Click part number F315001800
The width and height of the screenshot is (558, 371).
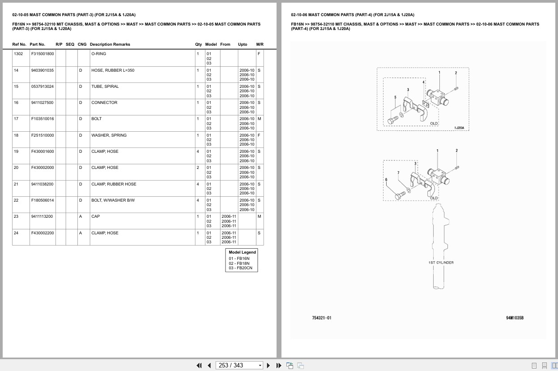click(x=43, y=54)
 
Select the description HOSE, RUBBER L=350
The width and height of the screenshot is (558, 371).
click(x=113, y=70)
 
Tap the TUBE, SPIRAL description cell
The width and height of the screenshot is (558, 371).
click(x=105, y=86)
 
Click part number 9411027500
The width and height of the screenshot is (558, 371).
click(x=42, y=103)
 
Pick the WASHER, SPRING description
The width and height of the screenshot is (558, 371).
click(x=109, y=135)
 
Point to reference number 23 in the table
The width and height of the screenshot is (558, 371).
click(x=16, y=216)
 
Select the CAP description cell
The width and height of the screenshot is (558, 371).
click(x=96, y=216)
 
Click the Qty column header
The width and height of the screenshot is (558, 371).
click(x=198, y=44)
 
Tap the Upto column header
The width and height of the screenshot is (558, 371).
click(x=243, y=44)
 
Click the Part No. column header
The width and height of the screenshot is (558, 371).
click(x=38, y=44)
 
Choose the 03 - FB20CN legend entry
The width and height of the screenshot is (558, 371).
click(x=240, y=268)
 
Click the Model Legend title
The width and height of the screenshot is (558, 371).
click(x=242, y=252)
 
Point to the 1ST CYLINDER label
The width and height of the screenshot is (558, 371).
click(x=441, y=263)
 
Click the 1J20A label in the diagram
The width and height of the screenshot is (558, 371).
click(x=459, y=128)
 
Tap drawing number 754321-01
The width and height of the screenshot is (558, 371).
click(x=322, y=318)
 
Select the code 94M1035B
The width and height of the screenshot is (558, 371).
click(x=515, y=318)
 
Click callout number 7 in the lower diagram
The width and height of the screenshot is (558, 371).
click(x=398, y=173)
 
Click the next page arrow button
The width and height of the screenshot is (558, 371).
click(x=268, y=366)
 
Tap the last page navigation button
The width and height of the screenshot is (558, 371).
click(x=279, y=366)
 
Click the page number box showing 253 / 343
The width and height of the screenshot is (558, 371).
click(x=239, y=365)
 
